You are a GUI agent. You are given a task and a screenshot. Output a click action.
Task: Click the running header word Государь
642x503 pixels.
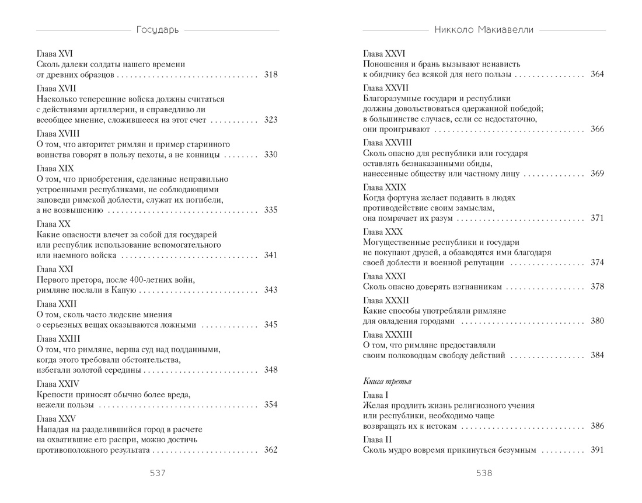tap(157, 30)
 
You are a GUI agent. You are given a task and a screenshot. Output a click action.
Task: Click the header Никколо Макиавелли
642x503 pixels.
tap(484, 30)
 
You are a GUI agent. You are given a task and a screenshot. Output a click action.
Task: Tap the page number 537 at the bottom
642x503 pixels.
tap(158, 473)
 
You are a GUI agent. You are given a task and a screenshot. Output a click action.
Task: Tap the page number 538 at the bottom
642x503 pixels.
tap(484, 473)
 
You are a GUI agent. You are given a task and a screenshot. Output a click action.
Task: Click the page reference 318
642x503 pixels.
tap(270, 75)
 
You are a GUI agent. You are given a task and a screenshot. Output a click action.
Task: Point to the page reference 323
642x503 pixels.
tap(270, 120)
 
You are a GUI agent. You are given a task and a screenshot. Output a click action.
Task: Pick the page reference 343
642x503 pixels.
tap(270, 290)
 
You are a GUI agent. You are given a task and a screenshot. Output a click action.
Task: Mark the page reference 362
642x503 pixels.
tap(270, 450)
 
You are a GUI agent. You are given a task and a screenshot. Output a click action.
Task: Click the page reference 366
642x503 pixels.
tap(597, 130)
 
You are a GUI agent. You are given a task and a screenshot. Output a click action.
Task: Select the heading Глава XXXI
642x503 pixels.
tap(383, 276)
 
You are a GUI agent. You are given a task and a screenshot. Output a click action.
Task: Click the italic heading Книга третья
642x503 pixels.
tap(387, 381)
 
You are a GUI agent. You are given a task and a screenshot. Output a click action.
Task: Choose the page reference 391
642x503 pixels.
tap(597, 450)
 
